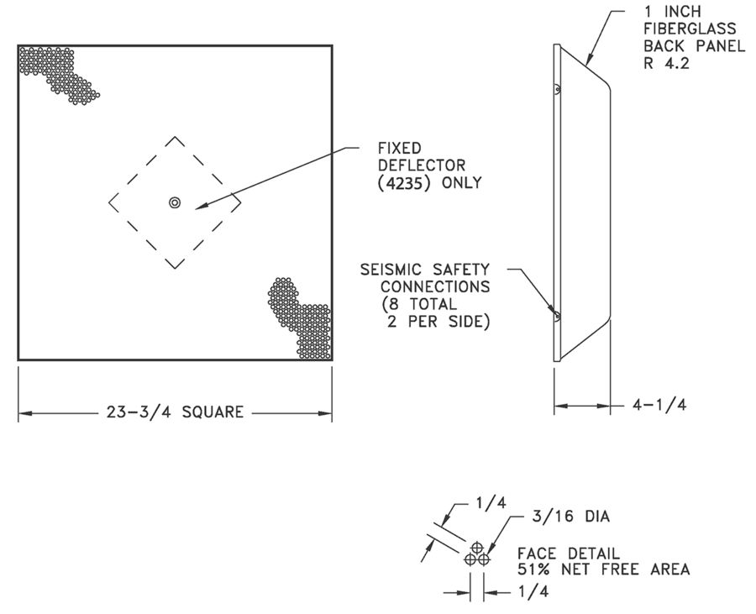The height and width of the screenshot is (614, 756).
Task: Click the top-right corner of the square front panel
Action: point(332,46)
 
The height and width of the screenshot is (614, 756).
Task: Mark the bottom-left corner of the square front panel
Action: point(18,359)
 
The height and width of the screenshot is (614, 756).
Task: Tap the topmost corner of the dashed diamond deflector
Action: point(175,137)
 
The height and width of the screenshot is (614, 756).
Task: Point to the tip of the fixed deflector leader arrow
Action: point(195,208)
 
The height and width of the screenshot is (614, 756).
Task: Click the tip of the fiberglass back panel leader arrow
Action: point(585,65)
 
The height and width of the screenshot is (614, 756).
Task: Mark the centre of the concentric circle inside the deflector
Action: point(175,202)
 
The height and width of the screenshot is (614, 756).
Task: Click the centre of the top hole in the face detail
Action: point(477,548)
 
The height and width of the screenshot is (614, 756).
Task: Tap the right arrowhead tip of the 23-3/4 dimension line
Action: point(332,413)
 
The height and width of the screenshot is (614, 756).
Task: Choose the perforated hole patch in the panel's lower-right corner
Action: point(300,318)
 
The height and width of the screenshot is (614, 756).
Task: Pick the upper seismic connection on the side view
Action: point(557,89)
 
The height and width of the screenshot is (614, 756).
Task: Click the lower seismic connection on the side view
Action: point(557,317)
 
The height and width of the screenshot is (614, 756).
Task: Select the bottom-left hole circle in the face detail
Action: point(470,559)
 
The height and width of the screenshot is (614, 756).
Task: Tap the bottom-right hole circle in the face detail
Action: point(483,559)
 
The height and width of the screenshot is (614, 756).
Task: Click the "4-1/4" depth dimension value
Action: point(659,405)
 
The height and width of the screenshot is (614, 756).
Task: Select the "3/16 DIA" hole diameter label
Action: point(571,517)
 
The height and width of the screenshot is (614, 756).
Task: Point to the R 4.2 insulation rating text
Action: point(667,63)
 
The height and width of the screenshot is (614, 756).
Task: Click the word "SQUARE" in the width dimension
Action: point(213,412)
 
